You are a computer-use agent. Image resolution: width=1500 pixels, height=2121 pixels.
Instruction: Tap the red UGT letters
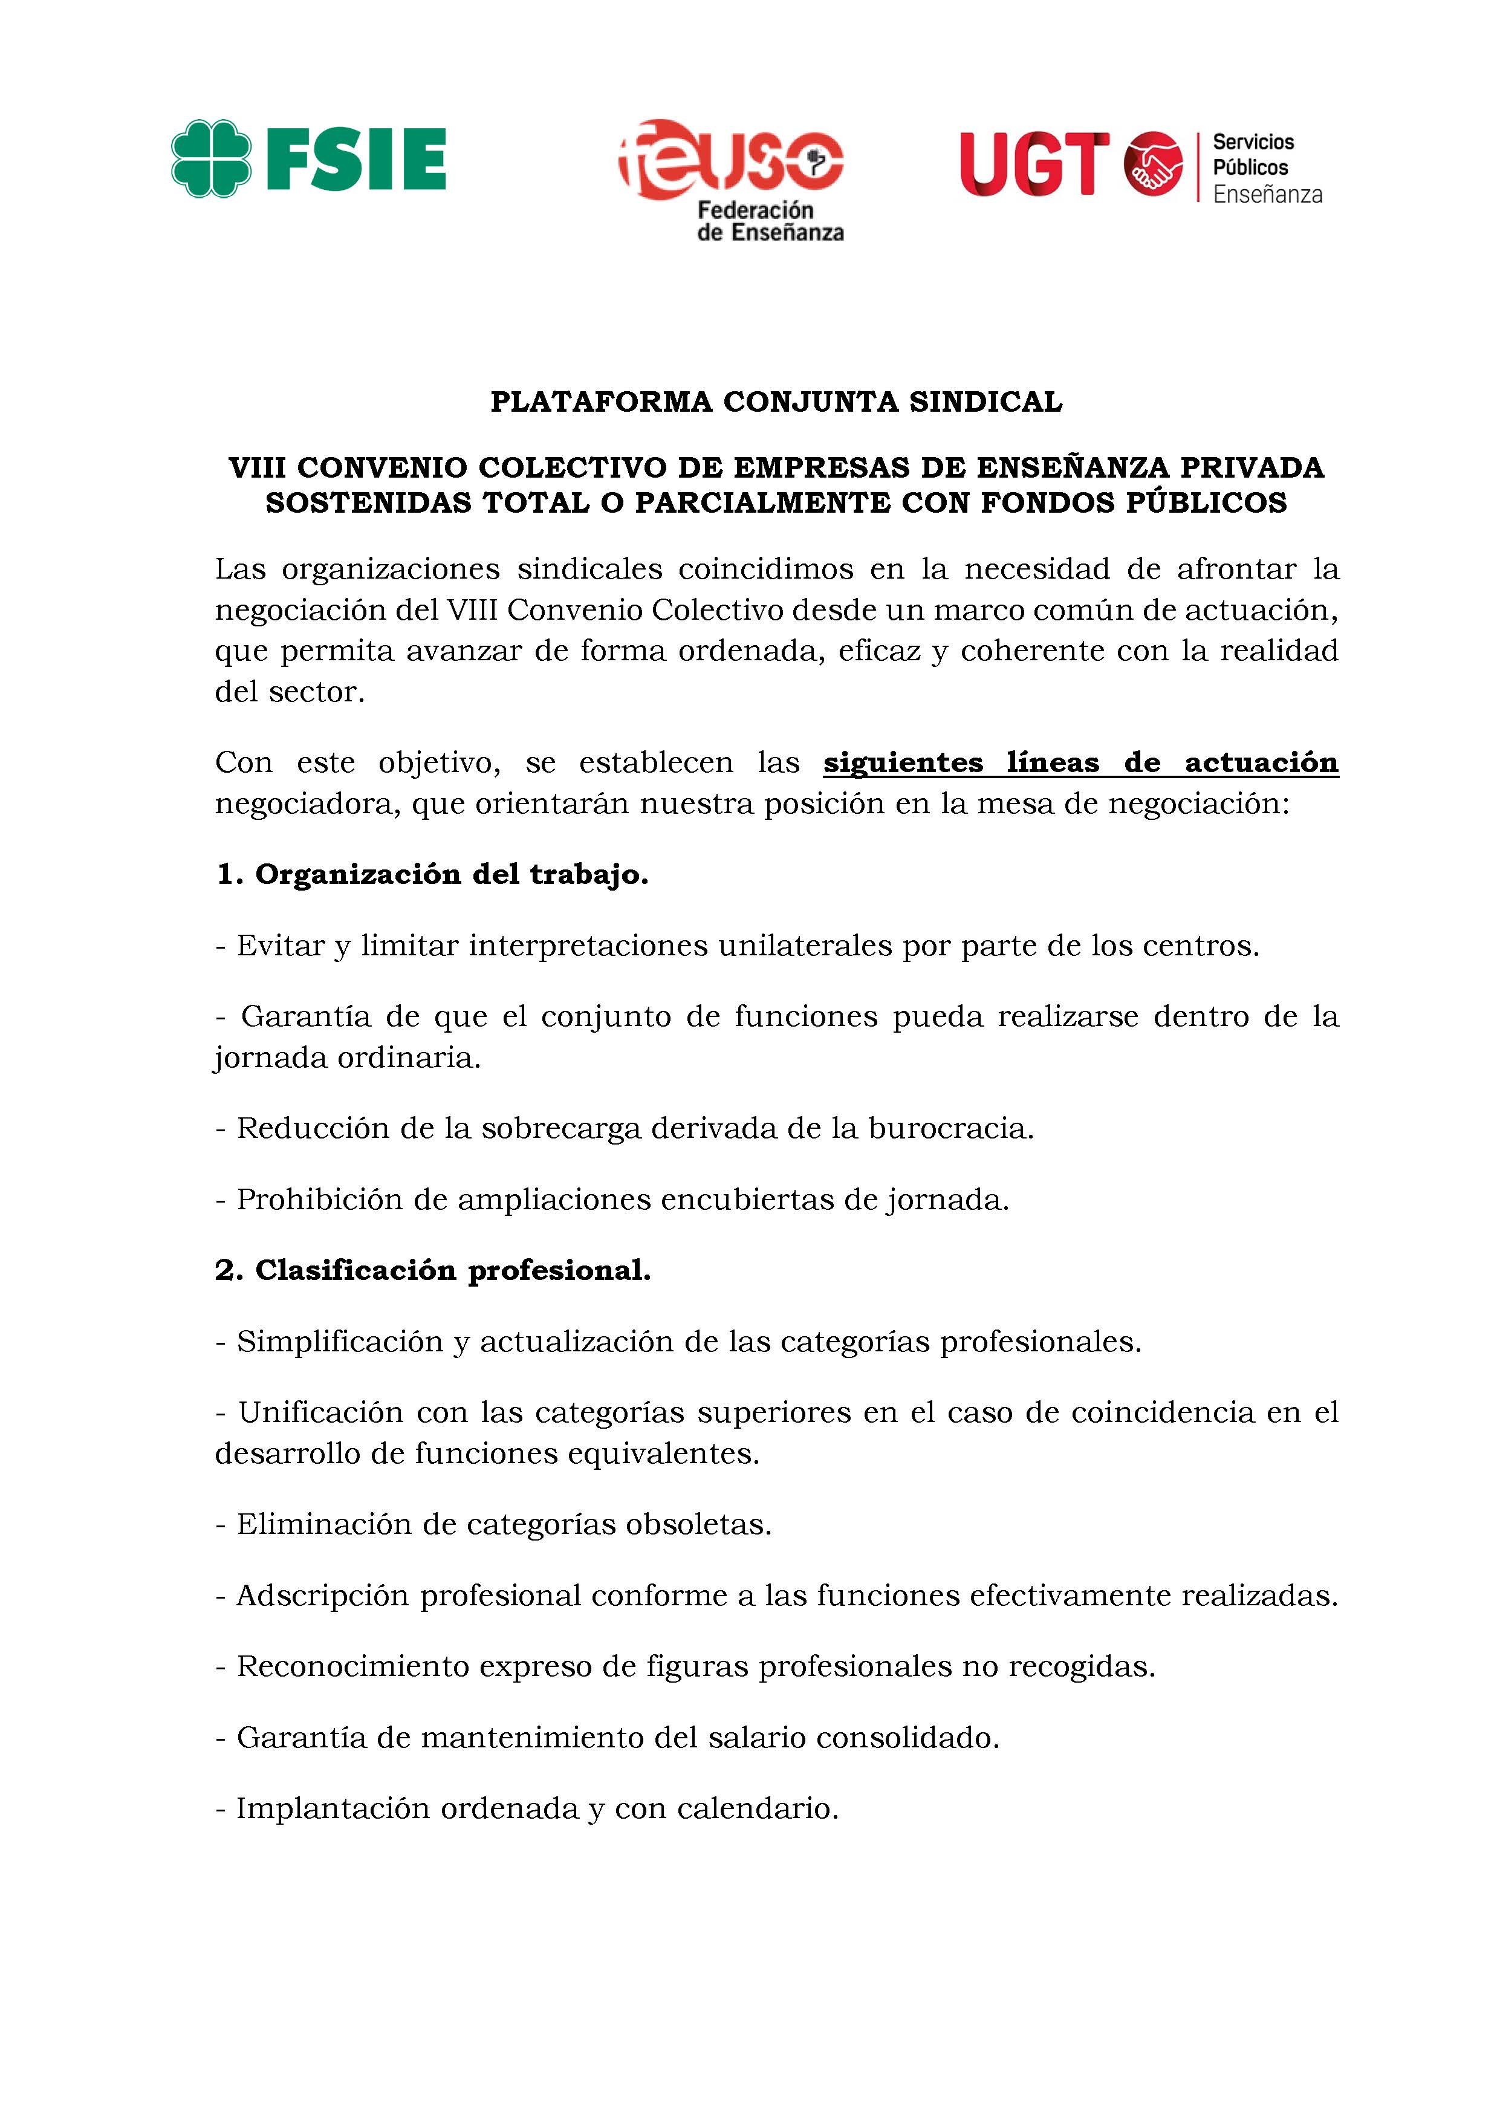click(1034, 164)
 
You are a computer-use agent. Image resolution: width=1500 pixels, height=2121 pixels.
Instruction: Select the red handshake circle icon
click(1153, 163)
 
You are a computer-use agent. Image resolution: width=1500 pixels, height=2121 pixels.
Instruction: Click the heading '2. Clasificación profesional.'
click(433, 1270)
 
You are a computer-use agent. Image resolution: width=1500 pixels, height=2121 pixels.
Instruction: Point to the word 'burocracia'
click(949, 1129)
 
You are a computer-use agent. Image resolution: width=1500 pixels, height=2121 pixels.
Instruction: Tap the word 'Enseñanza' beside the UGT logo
click(1267, 195)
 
